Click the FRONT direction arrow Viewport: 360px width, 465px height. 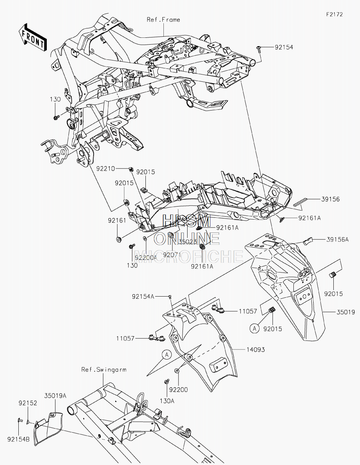pos(33,37)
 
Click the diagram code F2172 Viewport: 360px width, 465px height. pos(334,14)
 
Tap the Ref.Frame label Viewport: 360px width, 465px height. pos(163,20)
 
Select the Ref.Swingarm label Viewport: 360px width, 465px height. pos(104,370)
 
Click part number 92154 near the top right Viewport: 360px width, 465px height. pos(284,47)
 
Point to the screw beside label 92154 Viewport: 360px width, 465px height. pos(259,49)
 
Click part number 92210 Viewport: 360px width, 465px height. pos(105,169)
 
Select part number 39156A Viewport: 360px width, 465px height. pos(337,240)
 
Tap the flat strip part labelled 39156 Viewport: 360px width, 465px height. pos(300,202)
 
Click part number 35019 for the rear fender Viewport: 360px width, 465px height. pos(346,312)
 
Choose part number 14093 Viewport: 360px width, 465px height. pos(256,350)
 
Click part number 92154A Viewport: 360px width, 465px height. pos(143,297)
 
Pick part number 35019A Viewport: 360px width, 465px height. pos(55,396)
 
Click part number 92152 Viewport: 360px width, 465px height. pos(28,403)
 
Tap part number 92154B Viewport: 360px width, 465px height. pos(18,439)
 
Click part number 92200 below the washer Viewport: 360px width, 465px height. pos(179,390)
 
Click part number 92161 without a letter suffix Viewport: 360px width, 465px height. pos(117,220)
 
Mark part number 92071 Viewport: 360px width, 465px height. pos(172,255)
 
